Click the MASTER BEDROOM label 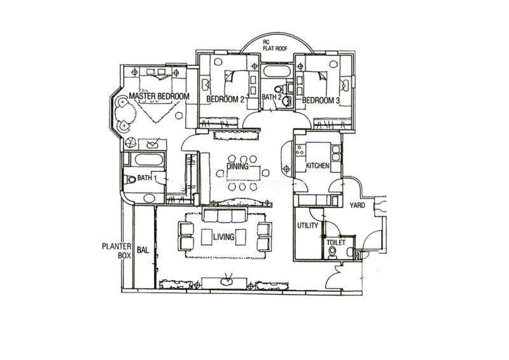coord(159,96)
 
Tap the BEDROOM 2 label coord(225,99)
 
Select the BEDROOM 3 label coord(321,100)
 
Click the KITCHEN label coord(317,165)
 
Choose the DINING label coord(237,167)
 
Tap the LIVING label coord(224,237)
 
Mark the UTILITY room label coord(307,225)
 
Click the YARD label coord(357,205)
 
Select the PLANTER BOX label coord(116,251)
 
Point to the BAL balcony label coord(143,250)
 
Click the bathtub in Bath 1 coord(148,160)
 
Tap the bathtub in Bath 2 coord(276,71)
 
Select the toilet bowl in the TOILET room coord(332,253)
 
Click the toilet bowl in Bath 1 coord(130,179)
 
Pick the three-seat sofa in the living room coord(225,215)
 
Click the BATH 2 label coord(272,97)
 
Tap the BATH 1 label coord(147,178)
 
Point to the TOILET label coord(336,242)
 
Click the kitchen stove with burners coord(300,149)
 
